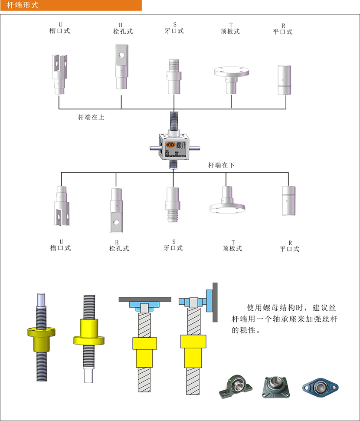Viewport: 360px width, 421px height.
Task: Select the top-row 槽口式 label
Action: coord(60,31)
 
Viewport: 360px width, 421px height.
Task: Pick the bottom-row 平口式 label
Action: coord(289,249)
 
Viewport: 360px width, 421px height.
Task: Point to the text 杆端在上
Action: coord(91,117)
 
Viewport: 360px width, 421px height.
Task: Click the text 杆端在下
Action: coord(222,165)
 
